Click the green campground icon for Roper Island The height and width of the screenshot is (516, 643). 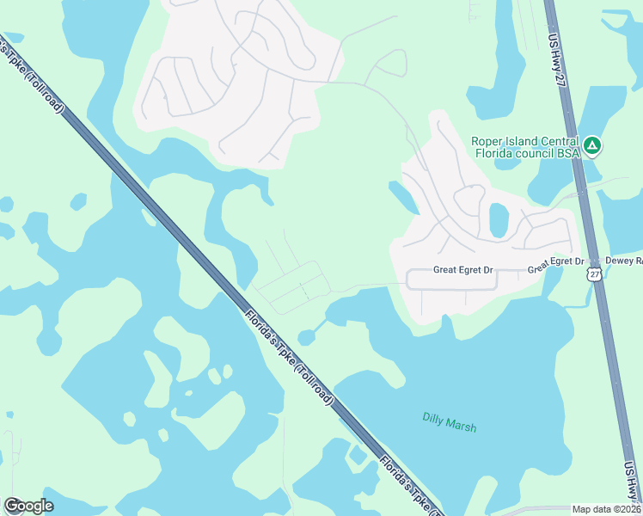pos(591,145)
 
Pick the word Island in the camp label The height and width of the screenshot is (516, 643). pos(518,142)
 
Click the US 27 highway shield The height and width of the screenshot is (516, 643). pos(593,273)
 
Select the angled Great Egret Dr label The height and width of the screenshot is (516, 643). pos(555,265)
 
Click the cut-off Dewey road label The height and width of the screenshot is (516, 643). pos(624,260)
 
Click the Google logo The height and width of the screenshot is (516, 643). pos(28,506)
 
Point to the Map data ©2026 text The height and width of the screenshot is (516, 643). pos(606,509)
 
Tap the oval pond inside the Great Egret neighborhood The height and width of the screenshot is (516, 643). pos(499,220)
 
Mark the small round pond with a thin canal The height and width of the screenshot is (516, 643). pos(307,337)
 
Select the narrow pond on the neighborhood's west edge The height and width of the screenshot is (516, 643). pos(403,197)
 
